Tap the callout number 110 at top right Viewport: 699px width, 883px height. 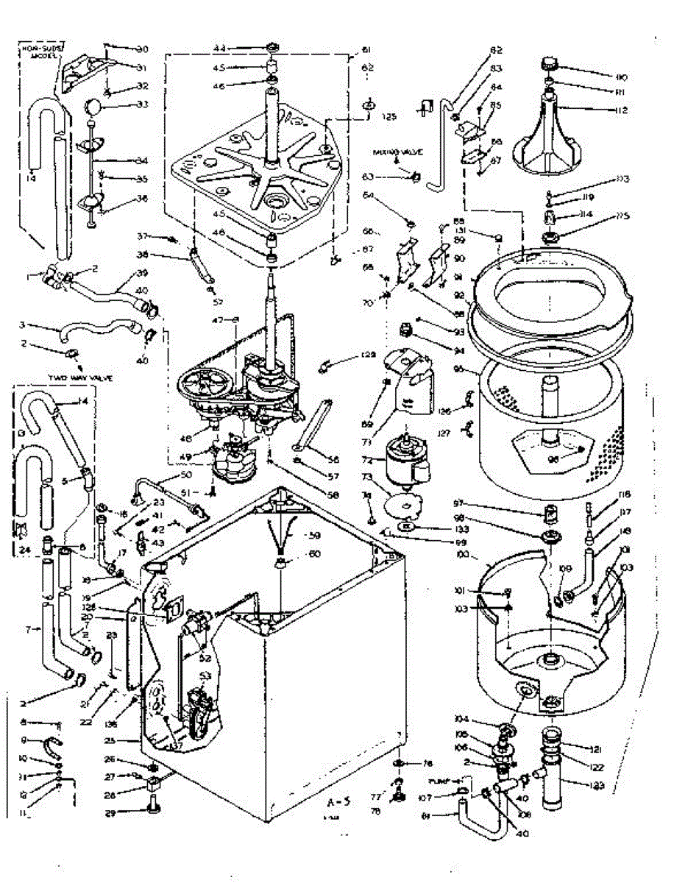click(x=622, y=77)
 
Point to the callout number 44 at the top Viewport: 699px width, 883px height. click(x=219, y=48)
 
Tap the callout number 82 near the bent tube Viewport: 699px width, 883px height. click(x=495, y=50)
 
